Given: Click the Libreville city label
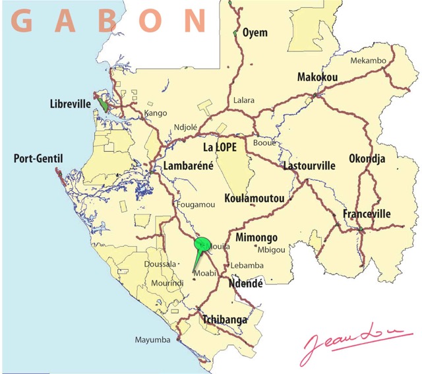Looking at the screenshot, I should pyautogui.click(x=70, y=104).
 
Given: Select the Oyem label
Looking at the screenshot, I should pyautogui.click(x=255, y=32).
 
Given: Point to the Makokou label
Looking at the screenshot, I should pyautogui.click(x=317, y=77).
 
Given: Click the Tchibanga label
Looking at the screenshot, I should pyautogui.click(x=225, y=320).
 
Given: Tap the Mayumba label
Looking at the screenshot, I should pyautogui.click(x=153, y=340).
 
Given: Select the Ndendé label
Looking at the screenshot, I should pyautogui.click(x=245, y=284).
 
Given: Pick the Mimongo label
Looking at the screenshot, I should pyautogui.click(x=256, y=237).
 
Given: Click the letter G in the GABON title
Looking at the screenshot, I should pyautogui.click(x=22, y=21).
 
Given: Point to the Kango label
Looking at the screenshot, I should pyautogui.click(x=156, y=113).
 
